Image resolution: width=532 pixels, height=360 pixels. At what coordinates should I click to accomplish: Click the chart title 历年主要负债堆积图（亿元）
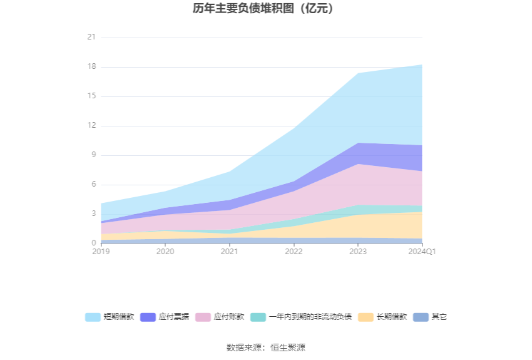266,9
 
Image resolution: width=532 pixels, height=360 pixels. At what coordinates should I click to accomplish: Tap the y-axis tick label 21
91,38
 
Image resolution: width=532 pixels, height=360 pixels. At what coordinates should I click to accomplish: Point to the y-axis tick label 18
91,67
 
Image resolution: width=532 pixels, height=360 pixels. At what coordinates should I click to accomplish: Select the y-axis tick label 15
91,96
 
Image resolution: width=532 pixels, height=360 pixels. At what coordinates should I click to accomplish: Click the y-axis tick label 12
91,126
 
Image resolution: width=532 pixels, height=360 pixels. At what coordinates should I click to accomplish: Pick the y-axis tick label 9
93,155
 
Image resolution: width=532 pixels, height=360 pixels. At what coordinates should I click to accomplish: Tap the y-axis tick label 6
93,185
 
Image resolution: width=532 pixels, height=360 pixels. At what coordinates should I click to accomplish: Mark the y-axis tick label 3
93,214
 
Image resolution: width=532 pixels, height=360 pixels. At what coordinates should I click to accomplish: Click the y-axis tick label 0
93,244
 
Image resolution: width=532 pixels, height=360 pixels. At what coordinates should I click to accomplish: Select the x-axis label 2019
101,252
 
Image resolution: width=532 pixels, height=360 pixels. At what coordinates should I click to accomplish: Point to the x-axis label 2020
165,252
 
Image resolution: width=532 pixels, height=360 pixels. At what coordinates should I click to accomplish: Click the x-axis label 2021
230,252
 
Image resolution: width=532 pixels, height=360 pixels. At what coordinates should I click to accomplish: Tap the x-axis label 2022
294,252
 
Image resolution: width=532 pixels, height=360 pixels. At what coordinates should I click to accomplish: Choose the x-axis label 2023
358,252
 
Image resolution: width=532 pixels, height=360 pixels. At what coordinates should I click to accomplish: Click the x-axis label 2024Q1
422,252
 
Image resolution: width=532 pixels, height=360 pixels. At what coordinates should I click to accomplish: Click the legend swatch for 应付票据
148,317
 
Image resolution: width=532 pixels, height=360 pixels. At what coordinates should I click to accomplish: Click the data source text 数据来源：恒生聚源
266,347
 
